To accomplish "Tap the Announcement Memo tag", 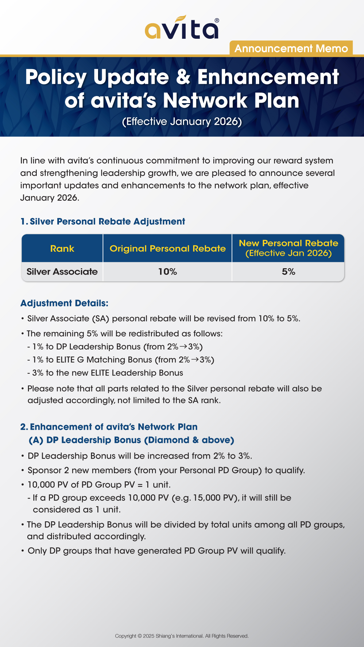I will pyautogui.click(x=291, y=49).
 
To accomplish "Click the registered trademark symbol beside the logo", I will pyautogui.click(x=217, y=21).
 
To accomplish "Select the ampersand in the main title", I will pyautogui.click(x=183, y=77).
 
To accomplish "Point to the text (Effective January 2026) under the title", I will pyautogui.click(x=182, y=121).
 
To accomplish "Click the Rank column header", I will pyautogui.click(x=62, y=249).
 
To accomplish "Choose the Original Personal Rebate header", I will pyautogui.click(x=168, y=249).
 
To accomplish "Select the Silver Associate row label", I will pyautogui.click(x=62, y=272).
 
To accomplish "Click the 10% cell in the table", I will pyautogui.click(x=168, y=272).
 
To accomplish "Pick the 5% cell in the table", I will pyautogui.click(x=289, y=272).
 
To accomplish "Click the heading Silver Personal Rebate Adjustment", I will pyautogui.click(x=107, y=221).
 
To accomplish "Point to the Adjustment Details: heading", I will pyautogui.click(x=64, y=303).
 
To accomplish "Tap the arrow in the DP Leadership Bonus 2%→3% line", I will pyautogui.click(x=183, y=347).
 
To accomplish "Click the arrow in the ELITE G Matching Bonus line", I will pyautogui.click(x=195, y=360).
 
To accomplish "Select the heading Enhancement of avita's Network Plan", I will pyautogui.click(x=114, y=427).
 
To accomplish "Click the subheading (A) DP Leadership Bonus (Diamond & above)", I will pyautogui.click(x=131, y=440).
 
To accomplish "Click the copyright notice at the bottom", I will pyautogui.click(x=182, y=636).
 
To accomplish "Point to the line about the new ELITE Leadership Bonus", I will pyautogui.click(x=108, y=373).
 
